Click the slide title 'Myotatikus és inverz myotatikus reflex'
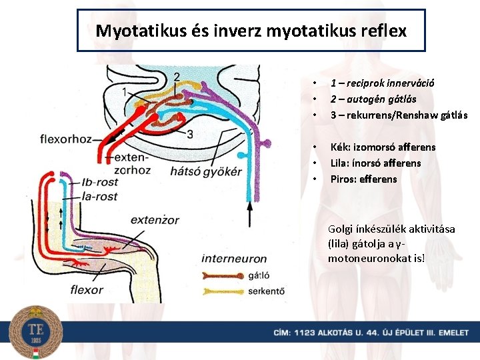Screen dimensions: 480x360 pos(251,31)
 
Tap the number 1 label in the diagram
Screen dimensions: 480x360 pos(126,92)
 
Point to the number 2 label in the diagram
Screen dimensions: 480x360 pos(176,77)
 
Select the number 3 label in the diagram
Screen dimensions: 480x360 pos(190,135)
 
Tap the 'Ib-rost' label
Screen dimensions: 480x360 pos(99,182)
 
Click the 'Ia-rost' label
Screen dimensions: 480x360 pos(99,196)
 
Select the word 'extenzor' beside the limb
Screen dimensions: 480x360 pos(155,220)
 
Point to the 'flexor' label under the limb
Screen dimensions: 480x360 pos(87,289)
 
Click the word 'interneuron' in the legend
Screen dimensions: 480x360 pos(234,259)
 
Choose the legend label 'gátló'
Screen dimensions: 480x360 pos(258,275)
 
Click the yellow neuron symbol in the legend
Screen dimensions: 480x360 pos(222,291)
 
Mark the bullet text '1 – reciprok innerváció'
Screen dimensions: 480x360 pos(383,83)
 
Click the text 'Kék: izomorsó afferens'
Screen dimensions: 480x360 pos(383,147)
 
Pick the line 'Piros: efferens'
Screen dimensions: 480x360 pos(363,179)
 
